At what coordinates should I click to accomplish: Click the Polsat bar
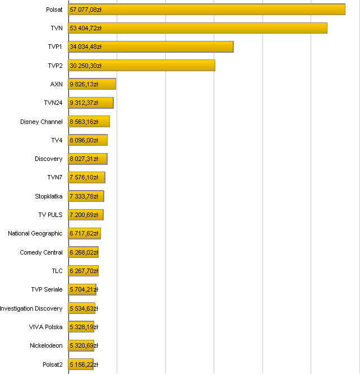click(206, 10)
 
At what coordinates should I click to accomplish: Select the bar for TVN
click(197, 28)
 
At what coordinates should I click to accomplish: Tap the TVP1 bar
click(150, 47)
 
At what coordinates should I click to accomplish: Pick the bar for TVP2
click(141, 66)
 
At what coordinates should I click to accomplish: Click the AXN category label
click(56, 84)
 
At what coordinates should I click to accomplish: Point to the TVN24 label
click(53, 103)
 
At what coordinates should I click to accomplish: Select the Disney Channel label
click(41, 122)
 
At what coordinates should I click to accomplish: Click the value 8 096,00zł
click(84, 140)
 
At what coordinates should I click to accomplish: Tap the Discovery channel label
click(49, 159)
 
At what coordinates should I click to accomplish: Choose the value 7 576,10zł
click(84, 178)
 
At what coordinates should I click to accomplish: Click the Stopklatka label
click(49, 196)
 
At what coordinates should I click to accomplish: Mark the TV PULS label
click(50, 215)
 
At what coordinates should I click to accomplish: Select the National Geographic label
click(35, 233)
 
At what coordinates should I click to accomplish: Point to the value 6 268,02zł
click(84, 252)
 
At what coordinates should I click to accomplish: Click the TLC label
click(57, 271)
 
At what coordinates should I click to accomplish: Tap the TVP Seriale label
click(47, 289)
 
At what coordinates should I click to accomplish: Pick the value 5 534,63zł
click(84, 308)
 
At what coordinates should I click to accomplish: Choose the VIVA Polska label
click(46, 327)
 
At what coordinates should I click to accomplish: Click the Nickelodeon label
click(46, 345)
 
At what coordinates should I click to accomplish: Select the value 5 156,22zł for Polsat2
click(84, 364)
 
